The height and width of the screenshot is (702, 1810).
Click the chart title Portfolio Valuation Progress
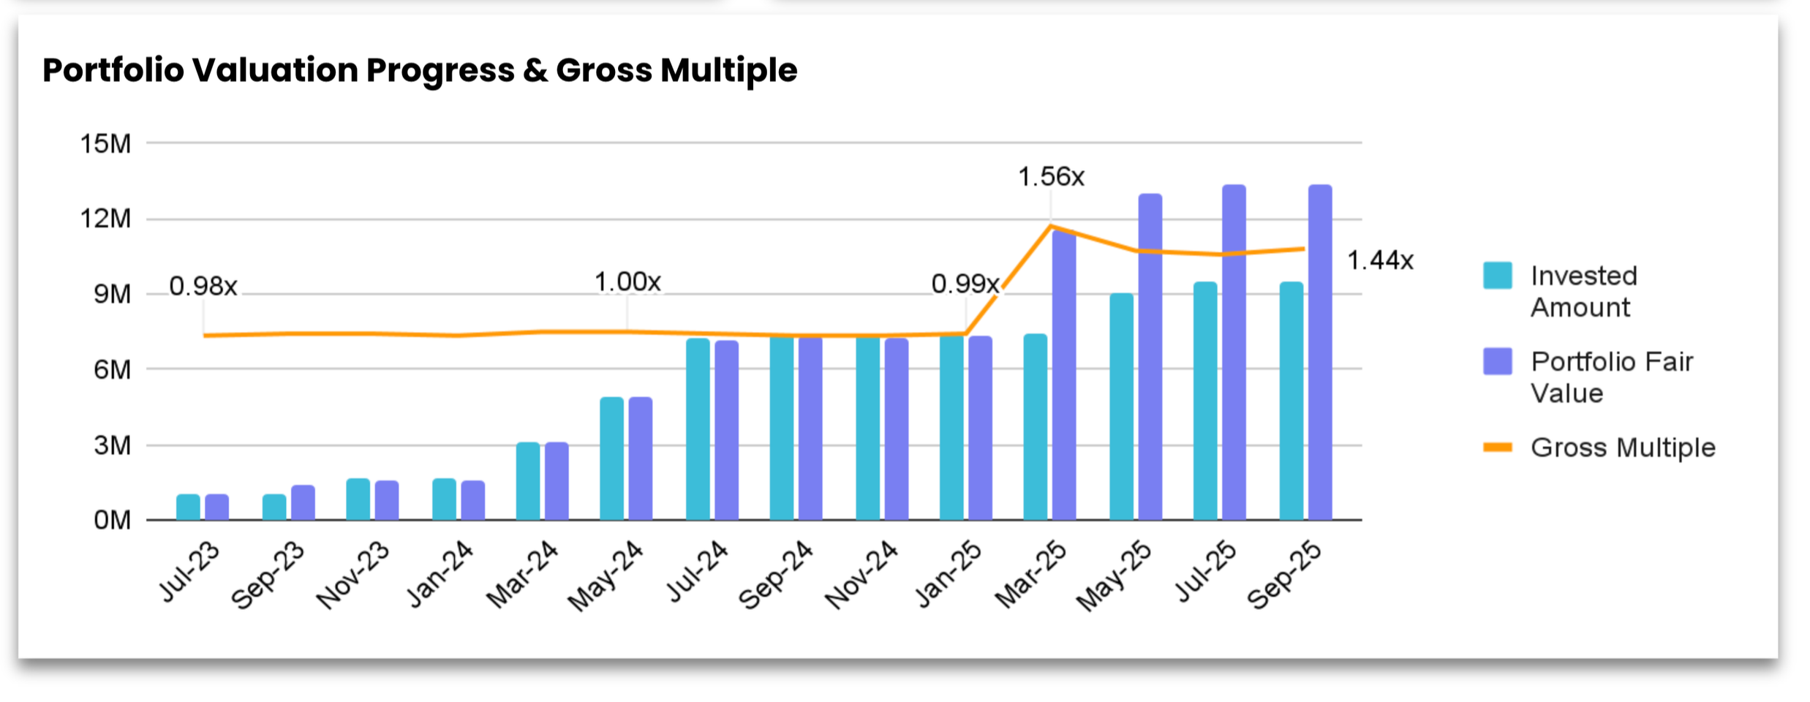419,70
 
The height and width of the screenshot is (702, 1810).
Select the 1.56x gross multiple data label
1050,177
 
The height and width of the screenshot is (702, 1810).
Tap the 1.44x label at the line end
1379,260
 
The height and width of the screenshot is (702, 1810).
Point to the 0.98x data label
203,286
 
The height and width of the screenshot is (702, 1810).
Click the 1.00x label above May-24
627,282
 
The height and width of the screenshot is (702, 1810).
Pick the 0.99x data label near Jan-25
964,284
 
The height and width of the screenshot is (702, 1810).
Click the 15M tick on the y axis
105,144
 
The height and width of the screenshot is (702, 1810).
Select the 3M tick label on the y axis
112,445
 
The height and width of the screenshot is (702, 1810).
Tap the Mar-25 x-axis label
1030,575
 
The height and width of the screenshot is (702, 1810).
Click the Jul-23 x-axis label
189,573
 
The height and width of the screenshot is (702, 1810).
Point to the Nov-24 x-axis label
861,575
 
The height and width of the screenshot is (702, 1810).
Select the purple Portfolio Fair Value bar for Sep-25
1319,351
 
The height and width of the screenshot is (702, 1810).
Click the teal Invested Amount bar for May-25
1120,406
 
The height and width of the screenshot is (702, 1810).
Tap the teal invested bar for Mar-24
527,481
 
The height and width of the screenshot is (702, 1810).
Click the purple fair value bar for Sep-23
303,502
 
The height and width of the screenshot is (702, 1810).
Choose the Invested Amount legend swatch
1497,276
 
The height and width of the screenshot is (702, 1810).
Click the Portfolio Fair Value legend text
1611,377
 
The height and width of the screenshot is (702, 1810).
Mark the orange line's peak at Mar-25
1051,226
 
